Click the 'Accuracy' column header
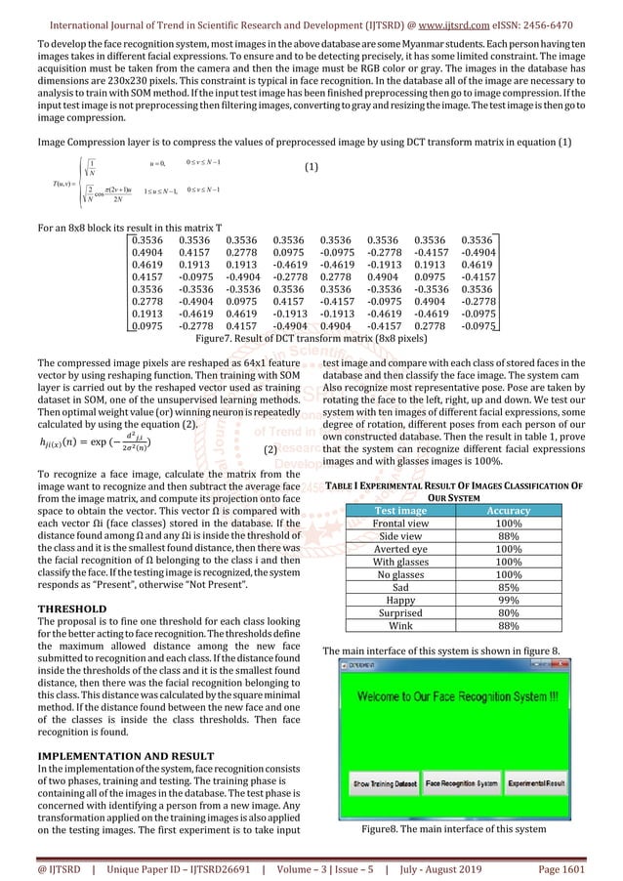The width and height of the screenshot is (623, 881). click(508, 510)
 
